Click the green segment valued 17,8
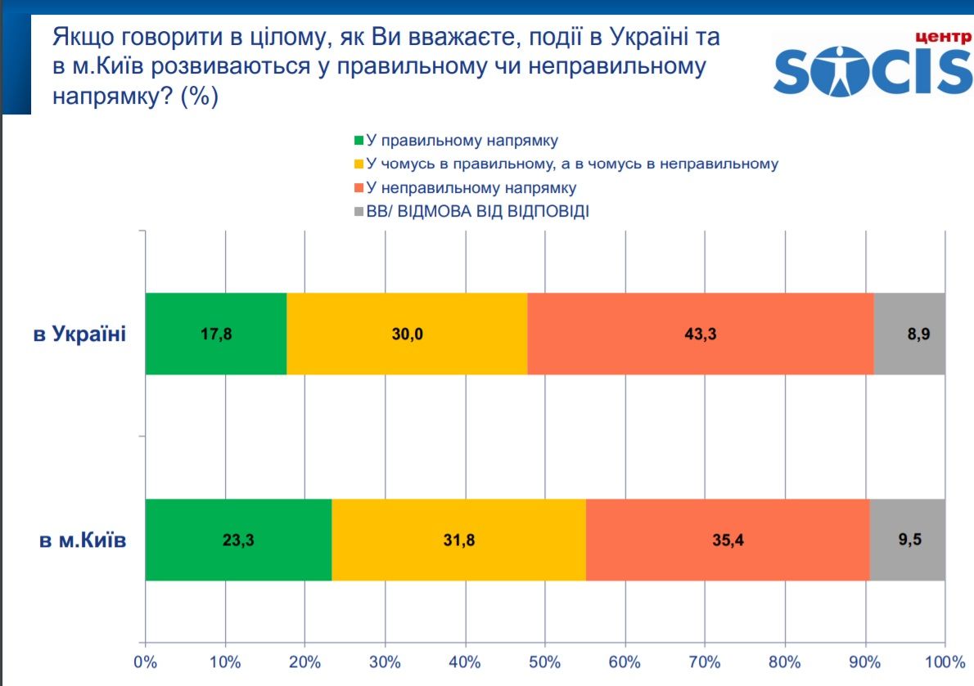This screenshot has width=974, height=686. [x=216, y=334]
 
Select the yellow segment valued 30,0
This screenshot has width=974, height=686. [x=407, y=334]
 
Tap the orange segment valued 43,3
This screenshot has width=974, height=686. [x=701, y=334]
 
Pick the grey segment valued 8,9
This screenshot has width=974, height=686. [x=909, y=334]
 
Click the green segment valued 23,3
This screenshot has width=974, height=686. [x=238, y=540]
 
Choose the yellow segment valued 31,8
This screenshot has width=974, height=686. [x=458, y=540]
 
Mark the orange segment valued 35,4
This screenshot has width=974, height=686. [x=728, y=540]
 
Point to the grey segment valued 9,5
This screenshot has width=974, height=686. [x=907, y=540]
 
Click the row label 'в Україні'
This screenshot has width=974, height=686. [x=79, y=334]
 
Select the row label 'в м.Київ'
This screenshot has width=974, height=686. [x=83, y=540]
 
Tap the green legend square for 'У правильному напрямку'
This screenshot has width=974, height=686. [x=358, y=140]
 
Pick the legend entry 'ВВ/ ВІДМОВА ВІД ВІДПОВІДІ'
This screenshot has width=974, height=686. [x=478, y=211]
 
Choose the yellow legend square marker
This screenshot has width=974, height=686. [x=358, y=164]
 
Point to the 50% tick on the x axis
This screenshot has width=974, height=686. [x=545, y=660]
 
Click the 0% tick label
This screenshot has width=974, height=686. [x=145, y=660]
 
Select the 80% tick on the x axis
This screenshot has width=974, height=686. [x=785, y=660]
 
